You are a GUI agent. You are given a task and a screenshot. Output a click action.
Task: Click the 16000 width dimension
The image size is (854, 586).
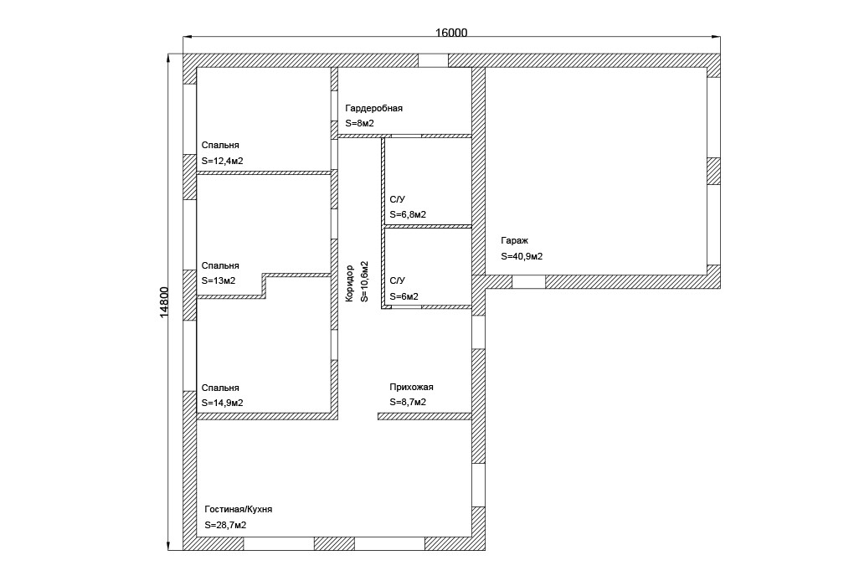451,33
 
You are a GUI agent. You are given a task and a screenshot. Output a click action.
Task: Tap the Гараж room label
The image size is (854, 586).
514,241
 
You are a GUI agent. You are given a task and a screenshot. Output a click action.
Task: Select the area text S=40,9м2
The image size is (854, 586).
522,256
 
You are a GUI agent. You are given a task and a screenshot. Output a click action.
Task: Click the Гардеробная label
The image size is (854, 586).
373,108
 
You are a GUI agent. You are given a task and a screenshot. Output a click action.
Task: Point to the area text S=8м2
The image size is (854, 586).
359,123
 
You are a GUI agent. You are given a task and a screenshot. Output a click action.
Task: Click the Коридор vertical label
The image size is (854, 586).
349,283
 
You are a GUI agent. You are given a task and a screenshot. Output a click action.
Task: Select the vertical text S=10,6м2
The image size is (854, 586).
364,281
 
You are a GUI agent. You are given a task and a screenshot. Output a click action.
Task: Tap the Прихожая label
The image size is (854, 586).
411,388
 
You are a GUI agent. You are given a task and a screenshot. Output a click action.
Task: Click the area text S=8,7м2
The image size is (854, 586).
408,403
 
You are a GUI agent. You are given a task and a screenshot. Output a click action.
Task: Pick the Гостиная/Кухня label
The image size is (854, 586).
238,510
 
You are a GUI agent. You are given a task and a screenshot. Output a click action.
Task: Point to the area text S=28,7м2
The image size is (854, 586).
225,525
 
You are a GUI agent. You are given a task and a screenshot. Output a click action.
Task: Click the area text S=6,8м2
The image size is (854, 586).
408,214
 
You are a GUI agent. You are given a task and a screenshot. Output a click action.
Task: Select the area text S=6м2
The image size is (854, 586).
404,297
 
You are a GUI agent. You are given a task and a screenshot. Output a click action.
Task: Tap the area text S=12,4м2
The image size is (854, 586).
222,161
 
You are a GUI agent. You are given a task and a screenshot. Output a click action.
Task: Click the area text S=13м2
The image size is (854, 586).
218,281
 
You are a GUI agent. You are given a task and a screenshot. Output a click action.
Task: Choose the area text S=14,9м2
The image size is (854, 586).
222,403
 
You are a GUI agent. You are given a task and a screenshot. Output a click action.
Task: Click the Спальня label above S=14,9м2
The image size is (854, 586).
220,388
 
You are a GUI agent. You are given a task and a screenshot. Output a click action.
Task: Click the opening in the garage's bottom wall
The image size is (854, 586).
528,281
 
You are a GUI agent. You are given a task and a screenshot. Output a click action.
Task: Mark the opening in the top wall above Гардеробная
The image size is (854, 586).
433,60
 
